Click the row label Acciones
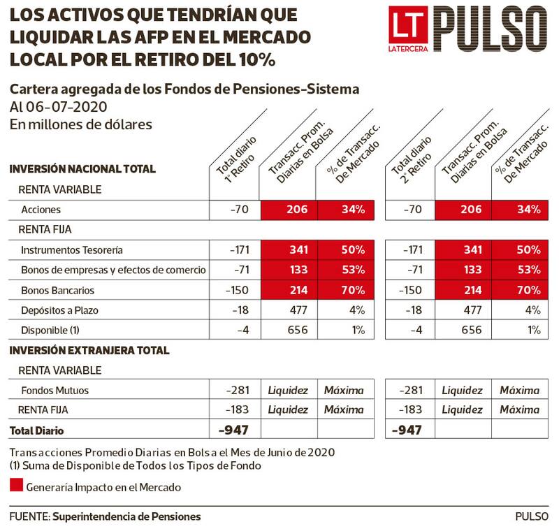(x=41, y=210)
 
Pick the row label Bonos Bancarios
(x=58, y=290)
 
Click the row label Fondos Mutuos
(x=55, y=391)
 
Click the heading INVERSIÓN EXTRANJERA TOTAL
(x=89, y=351)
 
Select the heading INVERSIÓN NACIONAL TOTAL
(x=82, y=169)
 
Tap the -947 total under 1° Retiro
(x=234, y=430)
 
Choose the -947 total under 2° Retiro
(x=409, y=430)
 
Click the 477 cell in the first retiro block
(x=289, y=310)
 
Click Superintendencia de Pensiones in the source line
(x=126, y=516)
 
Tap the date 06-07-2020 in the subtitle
(x=68, y=107)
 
